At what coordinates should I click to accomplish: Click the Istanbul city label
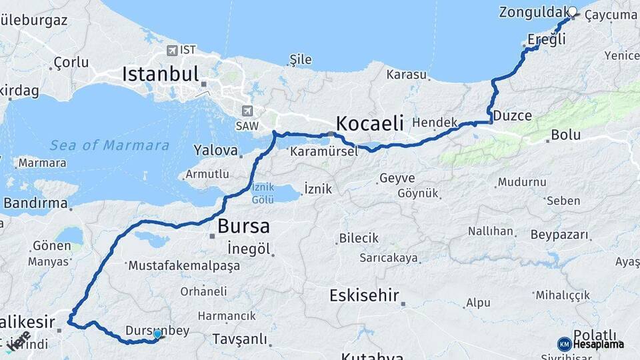pyautogui.click(x=160, y=73)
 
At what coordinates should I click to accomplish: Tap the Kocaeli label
pyautogui.click(x=370, y=123)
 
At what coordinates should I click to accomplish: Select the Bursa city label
pyautogui.click(x=243, y=225)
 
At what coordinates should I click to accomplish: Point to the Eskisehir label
pyautogui.click(x=364, y=295)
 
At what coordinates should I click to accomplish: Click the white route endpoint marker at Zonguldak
pyautogui.click(x=572, y=11)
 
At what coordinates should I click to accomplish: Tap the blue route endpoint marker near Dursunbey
pyautogui.click(x=157, y=334)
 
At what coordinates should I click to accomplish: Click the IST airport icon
pyautogui.click(x=173, y=51)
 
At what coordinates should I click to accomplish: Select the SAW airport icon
pyautogui.click(x=248, y=111)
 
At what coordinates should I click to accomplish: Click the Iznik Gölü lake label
pyautogui.click(x=262, y=193)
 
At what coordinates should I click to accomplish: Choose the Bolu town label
pyautogui.click(x=565, y=135)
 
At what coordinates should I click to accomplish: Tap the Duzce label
pyautogui.click(x=513, y=116)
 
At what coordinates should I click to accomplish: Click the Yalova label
pyautogui.click(x=216, y=150)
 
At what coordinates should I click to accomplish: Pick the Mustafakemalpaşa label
pyautogui.click(x=184, y=265)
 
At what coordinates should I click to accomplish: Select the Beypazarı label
pyautogui.click(x=560, y=235)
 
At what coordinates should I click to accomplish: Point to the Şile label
pyautogui.click(x=300, y=59)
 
